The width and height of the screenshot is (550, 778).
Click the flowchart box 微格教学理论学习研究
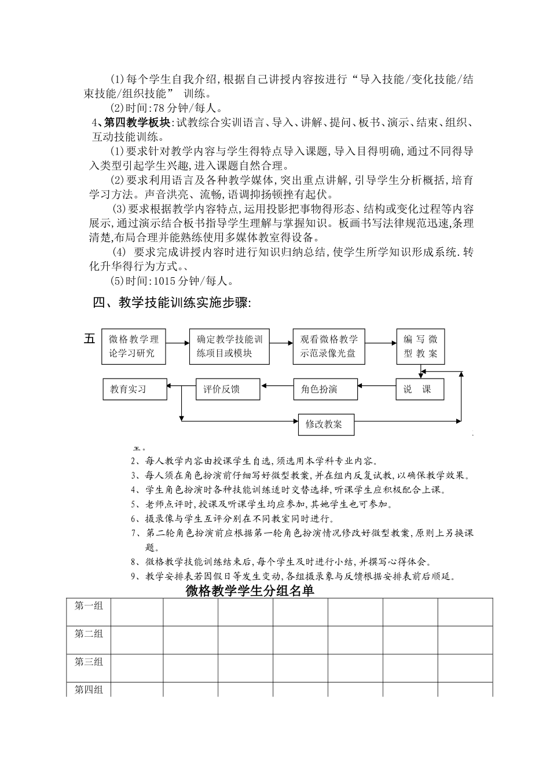coord(133,347)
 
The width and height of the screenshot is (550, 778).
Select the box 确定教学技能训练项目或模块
coord(229,347)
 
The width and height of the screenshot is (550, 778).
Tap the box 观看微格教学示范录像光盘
coord(328,347)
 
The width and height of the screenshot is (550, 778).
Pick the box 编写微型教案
coord(421,347)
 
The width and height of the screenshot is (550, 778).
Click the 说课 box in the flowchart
coord(420,389)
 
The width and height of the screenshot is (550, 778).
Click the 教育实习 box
coord(134,389)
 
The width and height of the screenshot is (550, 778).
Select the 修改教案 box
coord(325,424)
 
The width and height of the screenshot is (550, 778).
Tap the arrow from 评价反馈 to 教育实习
coord(182,384)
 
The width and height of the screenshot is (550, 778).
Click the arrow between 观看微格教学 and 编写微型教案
coord(380,343)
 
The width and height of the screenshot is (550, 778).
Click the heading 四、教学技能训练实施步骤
coord(173,303)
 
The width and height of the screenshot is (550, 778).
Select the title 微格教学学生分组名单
coord(250,591)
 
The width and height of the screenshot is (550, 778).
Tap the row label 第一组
coord(89,606)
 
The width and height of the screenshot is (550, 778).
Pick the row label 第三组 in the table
coord(89,662)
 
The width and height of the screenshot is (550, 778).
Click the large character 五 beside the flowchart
coord(89,339)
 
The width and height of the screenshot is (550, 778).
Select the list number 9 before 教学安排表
coord(134,577)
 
